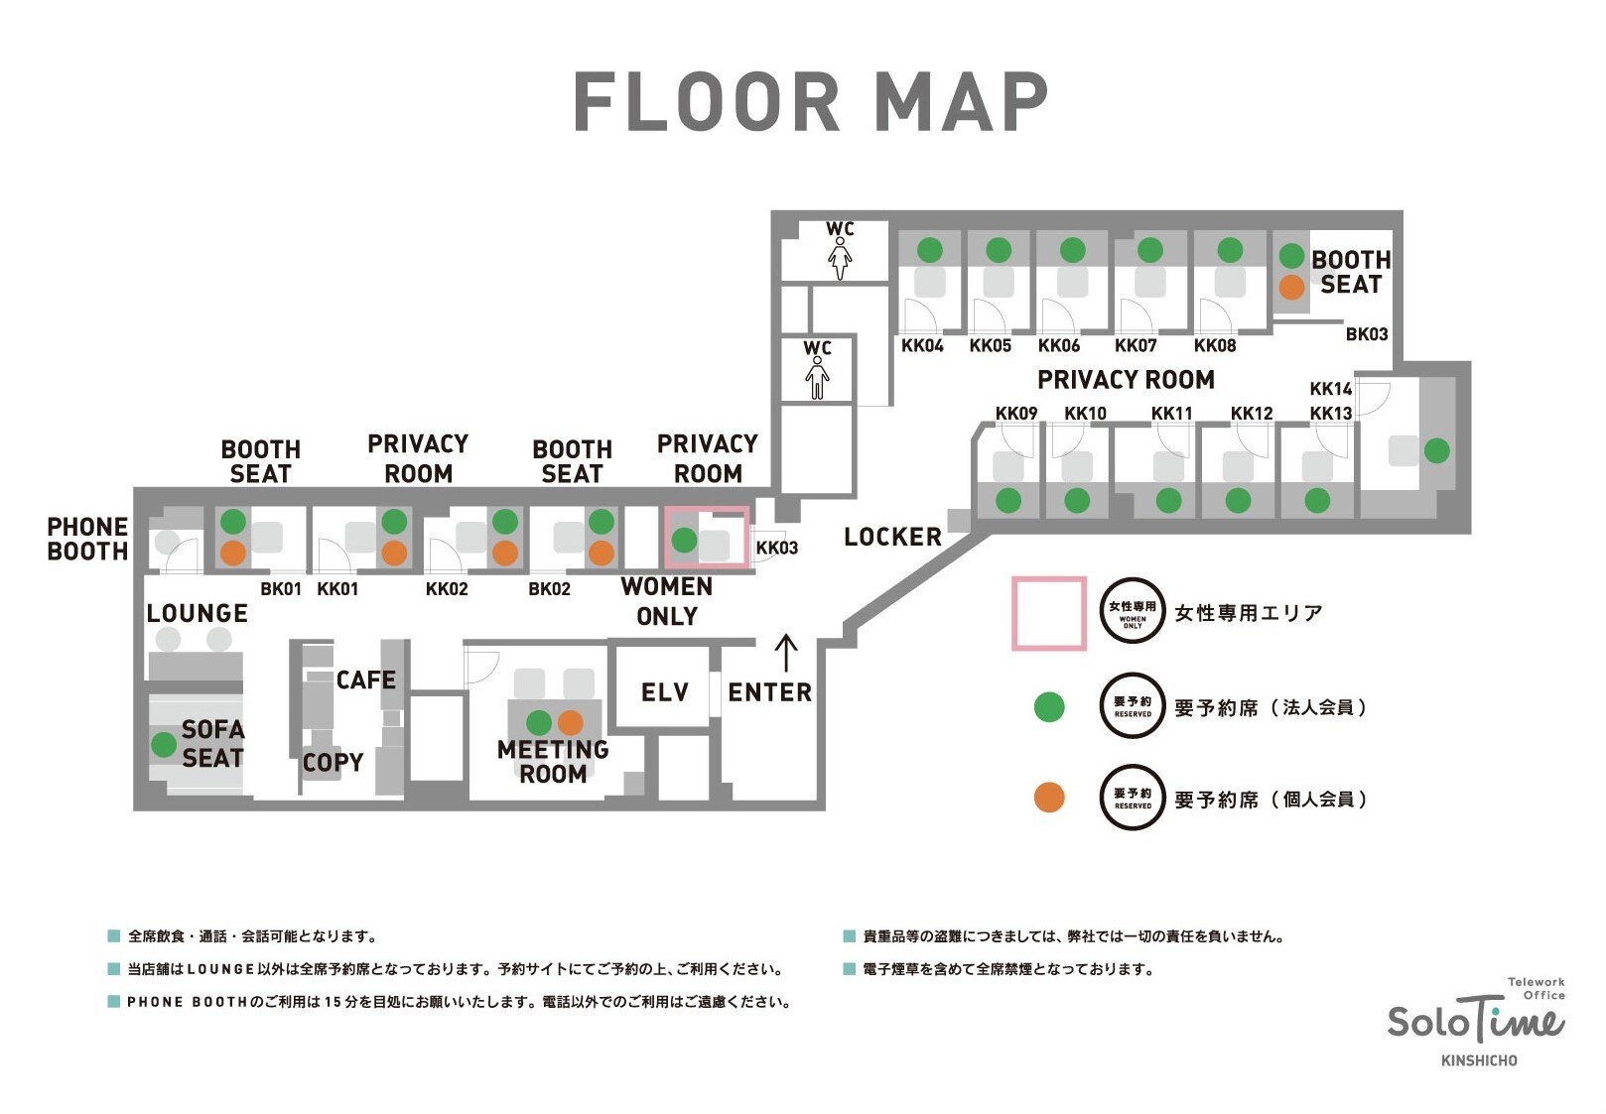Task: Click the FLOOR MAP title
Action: (x=811, y=102)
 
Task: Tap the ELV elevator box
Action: (x=664, y=691)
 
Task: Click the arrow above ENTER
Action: (x=786, y=654)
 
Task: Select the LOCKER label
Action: (x=892, y=537)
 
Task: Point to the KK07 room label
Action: (x=1136, y=345)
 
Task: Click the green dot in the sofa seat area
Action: (x=164, y=744)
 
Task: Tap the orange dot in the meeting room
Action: (x=571, y=722)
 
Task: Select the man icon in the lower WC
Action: (x=817, y=378)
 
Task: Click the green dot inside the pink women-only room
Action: (x=684, y=540)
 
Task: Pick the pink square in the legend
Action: (x=1048, y=613)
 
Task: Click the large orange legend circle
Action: (x=1049, y=798)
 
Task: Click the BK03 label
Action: (x=1366, y=334)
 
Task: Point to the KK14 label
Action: (x=1330, y=388)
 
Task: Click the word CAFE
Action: (x=365, y=680)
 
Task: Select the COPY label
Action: (x=333, y=762)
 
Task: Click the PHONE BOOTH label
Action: (x=87, y=539)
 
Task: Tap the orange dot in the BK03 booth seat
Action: (x=1291, y=288)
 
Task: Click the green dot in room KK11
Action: (x=1168, y=500)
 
